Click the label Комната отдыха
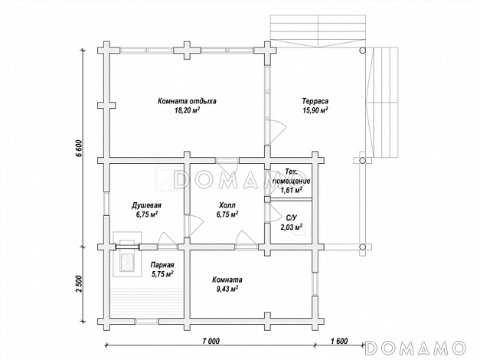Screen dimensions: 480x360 [x=187, y=101]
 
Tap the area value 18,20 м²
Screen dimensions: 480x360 [x=187, y=110]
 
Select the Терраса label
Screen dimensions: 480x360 [x=315, y=101]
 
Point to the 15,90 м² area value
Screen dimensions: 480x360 [x=315, y=110]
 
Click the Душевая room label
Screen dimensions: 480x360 [x=147, y=205]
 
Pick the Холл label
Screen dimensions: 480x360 [x=227, y=205]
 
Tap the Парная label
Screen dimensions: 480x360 [x=162, y=265]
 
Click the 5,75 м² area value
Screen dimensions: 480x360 [x=162, y=274]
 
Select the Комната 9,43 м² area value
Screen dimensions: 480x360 [x=227, y=289]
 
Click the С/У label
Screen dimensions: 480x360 [x=291, y=218]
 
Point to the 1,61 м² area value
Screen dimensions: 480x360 [x=291, y=190]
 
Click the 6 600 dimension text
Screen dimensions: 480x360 [x=79, y=149]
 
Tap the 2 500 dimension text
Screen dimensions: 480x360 [x=79, y=284]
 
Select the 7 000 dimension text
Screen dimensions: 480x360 [x=211, y=341]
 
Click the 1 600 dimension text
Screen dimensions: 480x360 [x=339, y=341]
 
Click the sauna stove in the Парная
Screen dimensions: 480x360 [x=127, y=262]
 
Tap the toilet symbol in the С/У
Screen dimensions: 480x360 [x=301, y=231]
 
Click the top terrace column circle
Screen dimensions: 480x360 [x=362, y=51]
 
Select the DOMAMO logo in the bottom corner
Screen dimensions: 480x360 [x=416, y=348]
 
